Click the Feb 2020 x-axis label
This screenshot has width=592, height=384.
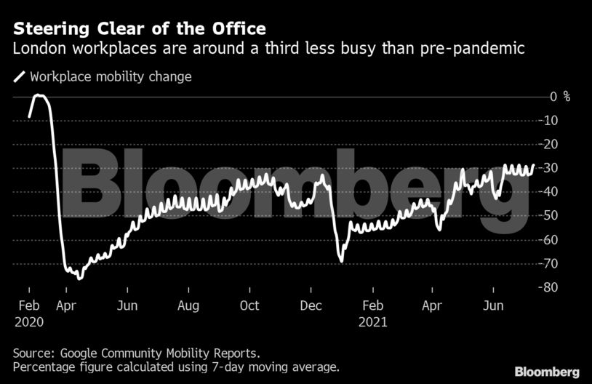click(28, 313)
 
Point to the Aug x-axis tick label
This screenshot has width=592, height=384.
click(188, 305)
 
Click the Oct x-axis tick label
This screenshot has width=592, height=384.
click(249, 305)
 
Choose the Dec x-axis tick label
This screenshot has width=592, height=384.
click(311, 305)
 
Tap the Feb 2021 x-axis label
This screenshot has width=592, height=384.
click(373, 313)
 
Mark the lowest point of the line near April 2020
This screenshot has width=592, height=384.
click(80, 278)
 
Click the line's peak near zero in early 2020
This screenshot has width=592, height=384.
click(39, 95)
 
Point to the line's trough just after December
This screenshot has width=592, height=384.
click(340, 260)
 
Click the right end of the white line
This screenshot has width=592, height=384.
click(533, 166)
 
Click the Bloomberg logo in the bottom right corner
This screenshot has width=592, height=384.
click(547, 372)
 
